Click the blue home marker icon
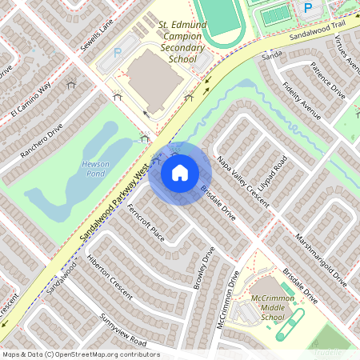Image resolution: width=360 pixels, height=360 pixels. [180, 173]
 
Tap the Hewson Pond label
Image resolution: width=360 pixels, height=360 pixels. [96, 168]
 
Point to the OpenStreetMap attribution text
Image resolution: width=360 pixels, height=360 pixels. [81, 354]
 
